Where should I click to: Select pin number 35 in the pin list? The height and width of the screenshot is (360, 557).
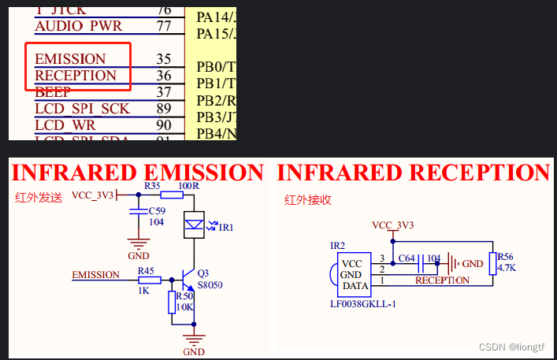pyautogui.click(x=164, y=59)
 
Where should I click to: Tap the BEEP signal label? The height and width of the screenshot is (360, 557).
pyautogui.click(x=53, y=92)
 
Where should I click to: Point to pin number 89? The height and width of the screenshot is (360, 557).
pyautogui.click(x=164, y=109)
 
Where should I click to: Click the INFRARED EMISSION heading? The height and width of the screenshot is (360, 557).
pyautogui.click(x=138, y=173)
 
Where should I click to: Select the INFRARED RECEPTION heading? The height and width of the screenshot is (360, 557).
pyautogui.click(x=413, y=173)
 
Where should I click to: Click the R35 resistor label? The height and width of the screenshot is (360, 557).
pyautogui.click(x=153, y=186)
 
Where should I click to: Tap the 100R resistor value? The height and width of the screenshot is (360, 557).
pyautogui.click(x=188, y=186)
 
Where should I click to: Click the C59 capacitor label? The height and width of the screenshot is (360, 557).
pyautogui.click(x=158, y=212)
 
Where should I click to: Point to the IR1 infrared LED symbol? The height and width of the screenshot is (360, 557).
pyautogui.click(x=193, y=224)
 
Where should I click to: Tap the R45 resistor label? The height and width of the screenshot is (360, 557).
pyautogui.click(x=147, y=270)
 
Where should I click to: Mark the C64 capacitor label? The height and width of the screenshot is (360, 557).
pyautogui.click(x=407, y=258)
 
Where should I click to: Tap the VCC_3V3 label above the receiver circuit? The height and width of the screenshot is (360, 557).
pyautogui.click(x=392, y=225)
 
